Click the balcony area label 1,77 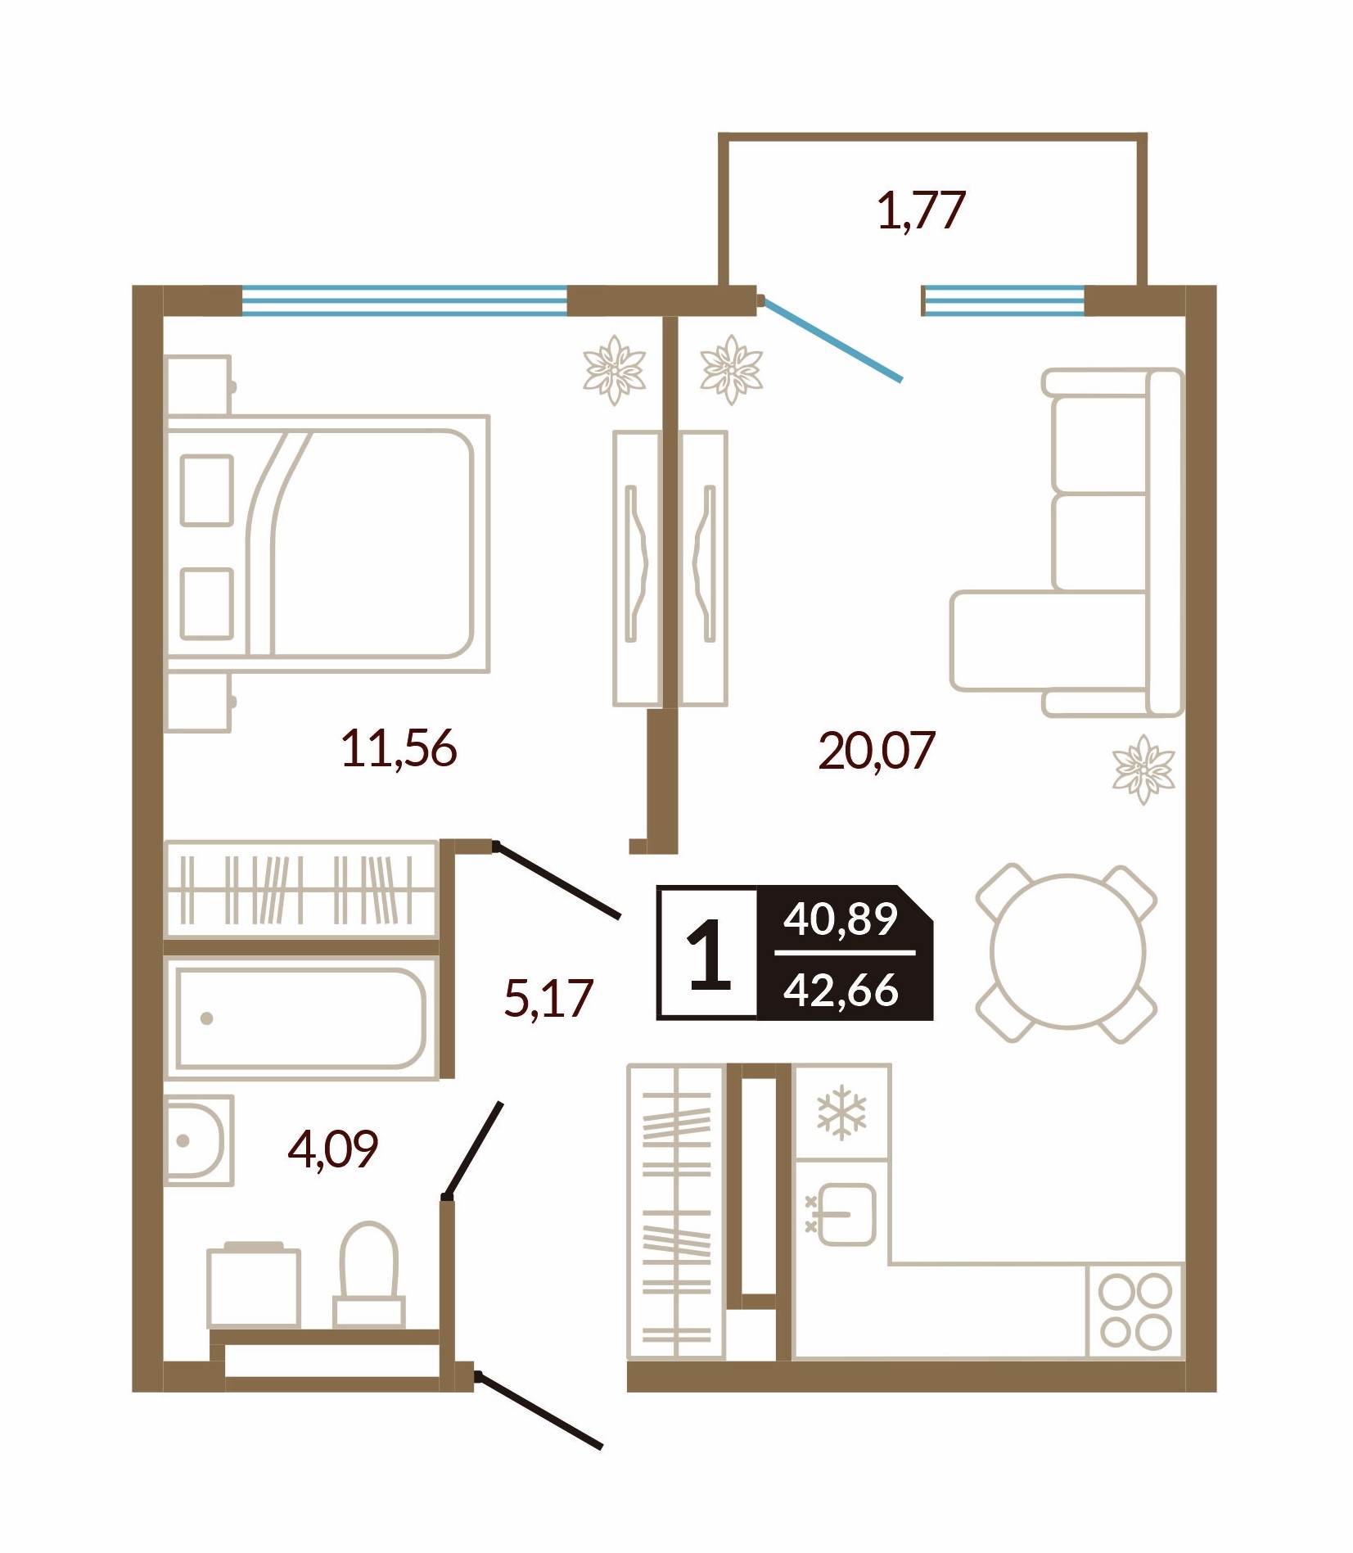[x=921, y=210]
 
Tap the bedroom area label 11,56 [x=398, y=748]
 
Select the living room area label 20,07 [x=876, y=751]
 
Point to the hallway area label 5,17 [x=548, y=998]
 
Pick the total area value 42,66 [x=841, y=990]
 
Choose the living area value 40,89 [x=841, y=919]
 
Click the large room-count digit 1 [x=709, y=954]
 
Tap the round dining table [x=1067, y=952]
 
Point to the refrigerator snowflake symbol [x=841, y=1113]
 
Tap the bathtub [x=300, y=1019]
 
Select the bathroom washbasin [x=199, y=1140]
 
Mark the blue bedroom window [x=404, y=300]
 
